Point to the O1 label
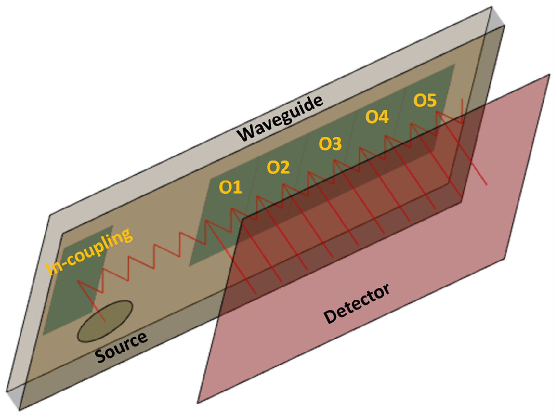pos(230,187)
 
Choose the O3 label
pos(330,144)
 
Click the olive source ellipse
pos(105,321)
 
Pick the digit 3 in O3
pos(336,144)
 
